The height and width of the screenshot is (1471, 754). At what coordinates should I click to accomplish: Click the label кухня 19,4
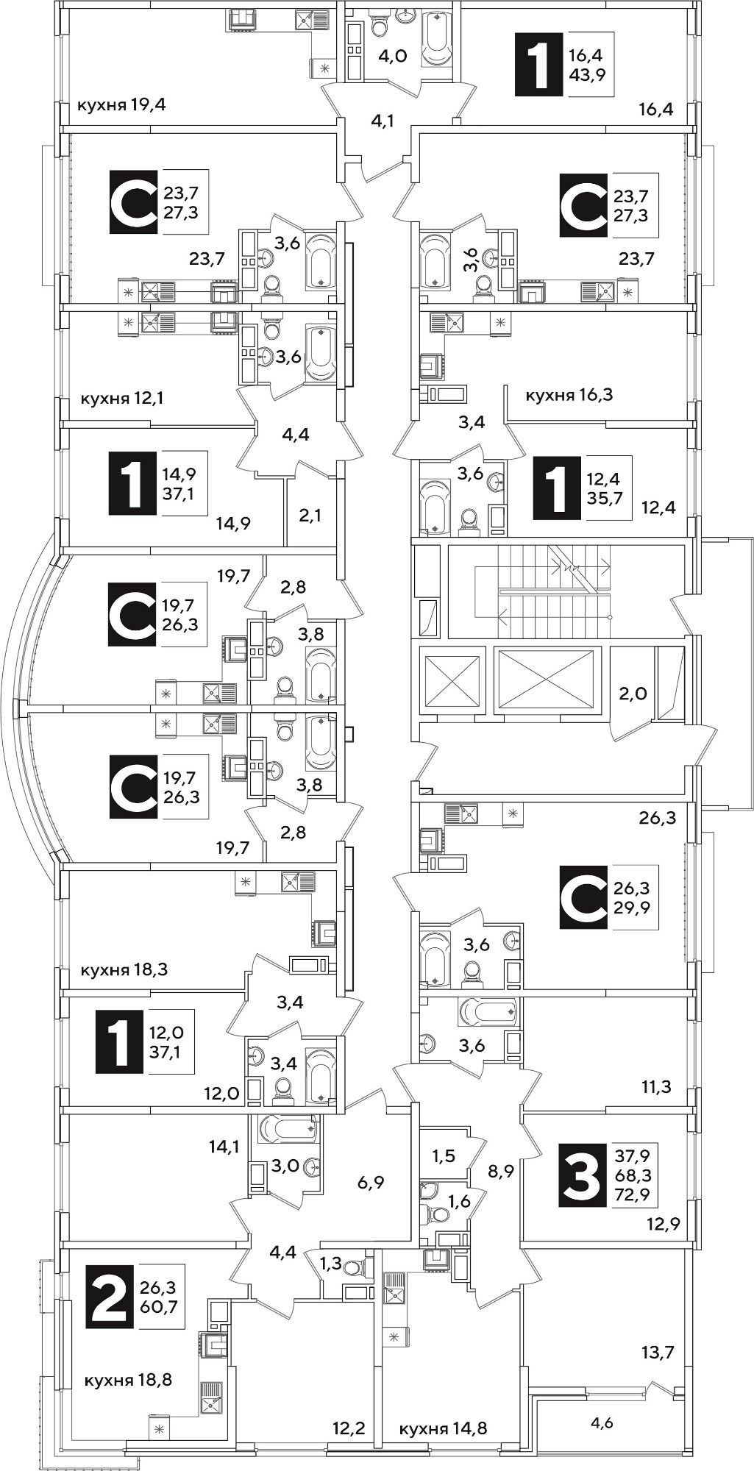click(x=121, y=104)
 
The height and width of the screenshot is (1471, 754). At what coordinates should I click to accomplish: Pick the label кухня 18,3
click(x=124, y=969)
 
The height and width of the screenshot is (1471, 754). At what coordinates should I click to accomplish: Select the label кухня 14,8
click(x=443, y=1429)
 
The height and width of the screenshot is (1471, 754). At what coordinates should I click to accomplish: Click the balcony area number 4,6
click(x=602, y=1423)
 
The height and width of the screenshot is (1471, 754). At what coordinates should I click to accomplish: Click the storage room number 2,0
click(x=633, y=693)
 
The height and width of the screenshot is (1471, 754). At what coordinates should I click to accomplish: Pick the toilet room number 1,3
click(x=330, y=1264)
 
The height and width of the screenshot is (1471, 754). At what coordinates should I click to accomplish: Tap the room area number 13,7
click(x=658, y=1352)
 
